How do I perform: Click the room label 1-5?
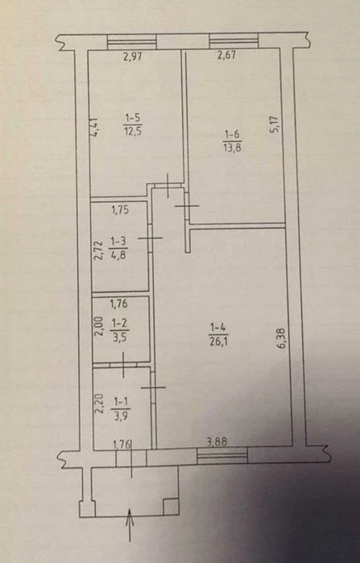[x=132, y=117]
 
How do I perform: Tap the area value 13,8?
[x=233, y=147]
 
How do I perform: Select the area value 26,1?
[x=218, y=339]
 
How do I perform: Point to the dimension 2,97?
[x=132, y=56]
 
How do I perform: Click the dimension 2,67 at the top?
[x=226, y=55]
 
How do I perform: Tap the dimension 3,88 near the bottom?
[x=217, y=441]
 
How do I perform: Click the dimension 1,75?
[x=120, y=210]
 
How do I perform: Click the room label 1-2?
[x=119, y=323]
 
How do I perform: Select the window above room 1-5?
[x=132, y=41]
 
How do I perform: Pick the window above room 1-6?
[x=234, y=40]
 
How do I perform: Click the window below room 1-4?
[x=222, y=456]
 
